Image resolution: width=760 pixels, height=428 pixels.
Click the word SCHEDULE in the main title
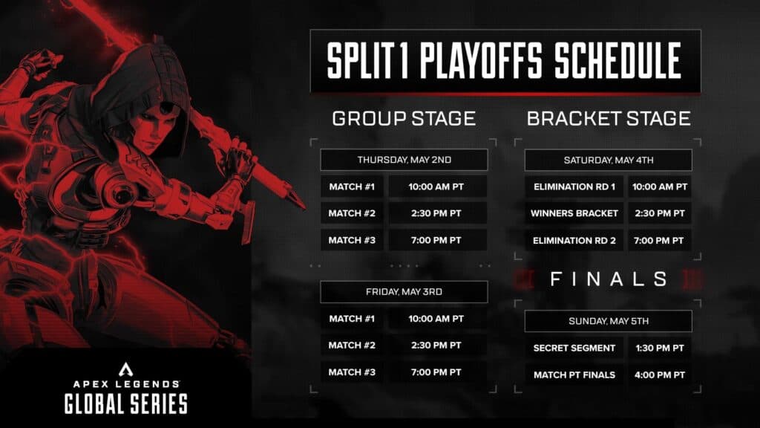pos(618,60)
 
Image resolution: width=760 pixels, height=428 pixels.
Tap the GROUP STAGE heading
pos(404,118)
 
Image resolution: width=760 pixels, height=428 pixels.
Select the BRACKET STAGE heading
pos(609,118)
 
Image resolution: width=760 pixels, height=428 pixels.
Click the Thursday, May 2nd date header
pos(404,160)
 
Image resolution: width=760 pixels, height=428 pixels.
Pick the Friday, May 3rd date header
pos(404,291)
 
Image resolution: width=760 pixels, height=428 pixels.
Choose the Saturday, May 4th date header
pos(609,160)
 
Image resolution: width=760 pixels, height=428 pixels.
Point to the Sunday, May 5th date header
pos(609,321)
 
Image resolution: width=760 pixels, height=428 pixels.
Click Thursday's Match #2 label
pos(352,213)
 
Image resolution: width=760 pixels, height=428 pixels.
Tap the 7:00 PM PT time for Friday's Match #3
pos(436,372)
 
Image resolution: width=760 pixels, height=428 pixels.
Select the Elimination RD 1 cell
pos(574,187)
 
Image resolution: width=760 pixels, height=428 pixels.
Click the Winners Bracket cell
pos(574,213)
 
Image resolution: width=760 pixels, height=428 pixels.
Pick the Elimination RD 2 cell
pos(574,240)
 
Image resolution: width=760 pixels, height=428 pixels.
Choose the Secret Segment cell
pos(574,348)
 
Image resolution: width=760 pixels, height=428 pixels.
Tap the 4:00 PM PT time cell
pos(660,374)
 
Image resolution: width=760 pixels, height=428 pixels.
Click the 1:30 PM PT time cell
pos(660,348)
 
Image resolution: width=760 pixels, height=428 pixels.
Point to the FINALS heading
pos(609,279)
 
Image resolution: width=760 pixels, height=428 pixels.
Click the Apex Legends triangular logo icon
pos(126,369)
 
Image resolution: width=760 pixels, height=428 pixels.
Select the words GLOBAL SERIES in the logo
pos(126,403)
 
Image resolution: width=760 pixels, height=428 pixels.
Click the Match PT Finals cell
pos(574,374)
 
